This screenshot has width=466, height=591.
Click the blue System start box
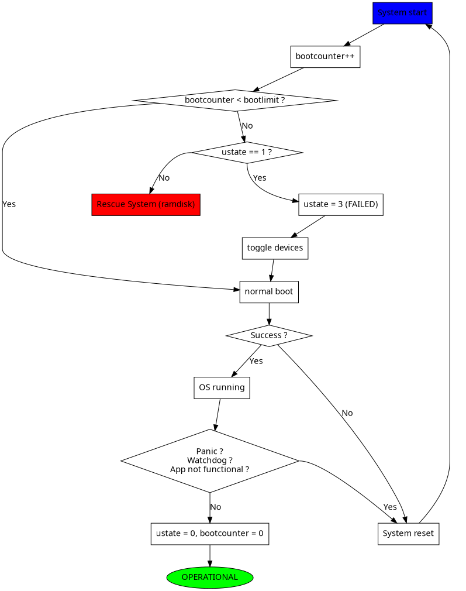point(402,13)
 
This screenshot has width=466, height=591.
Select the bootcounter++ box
point(325,57)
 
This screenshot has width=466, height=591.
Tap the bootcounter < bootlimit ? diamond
point(235,100)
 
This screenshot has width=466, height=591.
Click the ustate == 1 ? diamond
point(247,152)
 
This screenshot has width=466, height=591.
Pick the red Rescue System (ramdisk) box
point(146,205)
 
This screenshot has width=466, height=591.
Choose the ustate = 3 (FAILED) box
point(340,205)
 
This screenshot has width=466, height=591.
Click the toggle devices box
point(275,248)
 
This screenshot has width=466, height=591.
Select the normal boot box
point(269,292)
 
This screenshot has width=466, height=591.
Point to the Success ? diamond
point(269,336)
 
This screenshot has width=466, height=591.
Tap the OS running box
point(222,388)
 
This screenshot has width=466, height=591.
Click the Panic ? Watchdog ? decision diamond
point(210,461)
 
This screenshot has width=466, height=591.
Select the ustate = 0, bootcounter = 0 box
point(209,534)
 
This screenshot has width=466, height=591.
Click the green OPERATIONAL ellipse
point(209,578)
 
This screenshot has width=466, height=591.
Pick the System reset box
point(408,534)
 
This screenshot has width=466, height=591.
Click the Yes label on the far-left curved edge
point(9,204)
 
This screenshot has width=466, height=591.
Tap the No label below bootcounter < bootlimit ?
point(247,126)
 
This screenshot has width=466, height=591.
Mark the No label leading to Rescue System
point(164,178)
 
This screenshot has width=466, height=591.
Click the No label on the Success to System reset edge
point(347,413)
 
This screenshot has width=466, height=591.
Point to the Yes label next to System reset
point(390,507)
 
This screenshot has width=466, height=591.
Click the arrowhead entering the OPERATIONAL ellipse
point(209,563)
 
